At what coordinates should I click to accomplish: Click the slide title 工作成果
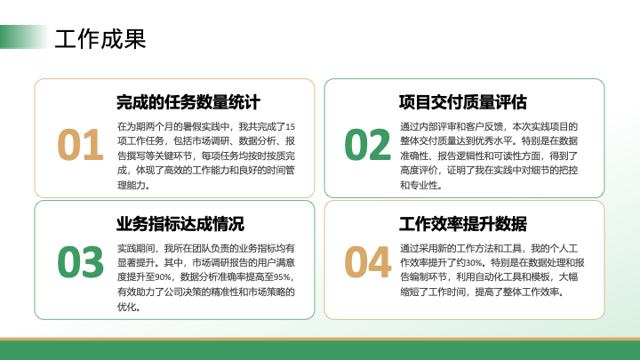100,39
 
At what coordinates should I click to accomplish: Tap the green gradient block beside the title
24,36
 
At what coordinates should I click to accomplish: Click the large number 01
80,145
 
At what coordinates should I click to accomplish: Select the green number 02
367,145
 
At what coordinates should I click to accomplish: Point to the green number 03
80,261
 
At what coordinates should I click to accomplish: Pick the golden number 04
368,261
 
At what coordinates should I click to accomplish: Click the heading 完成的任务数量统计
188,102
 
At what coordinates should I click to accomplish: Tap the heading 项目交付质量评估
463,102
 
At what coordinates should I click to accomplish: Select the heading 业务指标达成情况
180,224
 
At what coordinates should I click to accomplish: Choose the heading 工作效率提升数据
463,224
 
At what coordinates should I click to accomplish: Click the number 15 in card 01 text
290,126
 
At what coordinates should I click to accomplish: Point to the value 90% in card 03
164,277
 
